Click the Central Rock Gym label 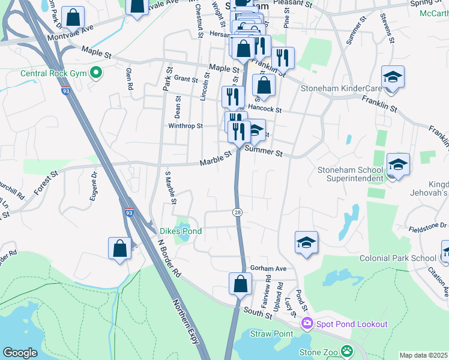[54, 74]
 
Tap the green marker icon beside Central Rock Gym [95, 74]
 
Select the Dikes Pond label [180, 231]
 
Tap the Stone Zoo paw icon [346, 351]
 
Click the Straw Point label [271, 334]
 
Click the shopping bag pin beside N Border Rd [119, 248]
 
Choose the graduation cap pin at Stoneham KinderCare [393, 77]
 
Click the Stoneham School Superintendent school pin [398, 164]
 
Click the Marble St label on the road [215, 158]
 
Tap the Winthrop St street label [185, 126]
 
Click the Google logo [20, 352]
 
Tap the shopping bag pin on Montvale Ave [73, 18]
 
